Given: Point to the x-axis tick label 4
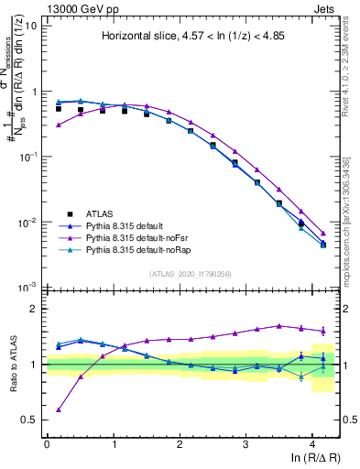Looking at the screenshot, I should (x=312, y=443).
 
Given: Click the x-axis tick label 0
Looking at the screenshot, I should (x=47, y=443).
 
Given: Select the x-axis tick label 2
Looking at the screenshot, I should (x=180, y=443).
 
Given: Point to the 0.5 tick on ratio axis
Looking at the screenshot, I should (x=31, y=420).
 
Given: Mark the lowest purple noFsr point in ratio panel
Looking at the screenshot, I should (x=59, y=410).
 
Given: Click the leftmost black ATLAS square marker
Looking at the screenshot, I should (x=59, y=108).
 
